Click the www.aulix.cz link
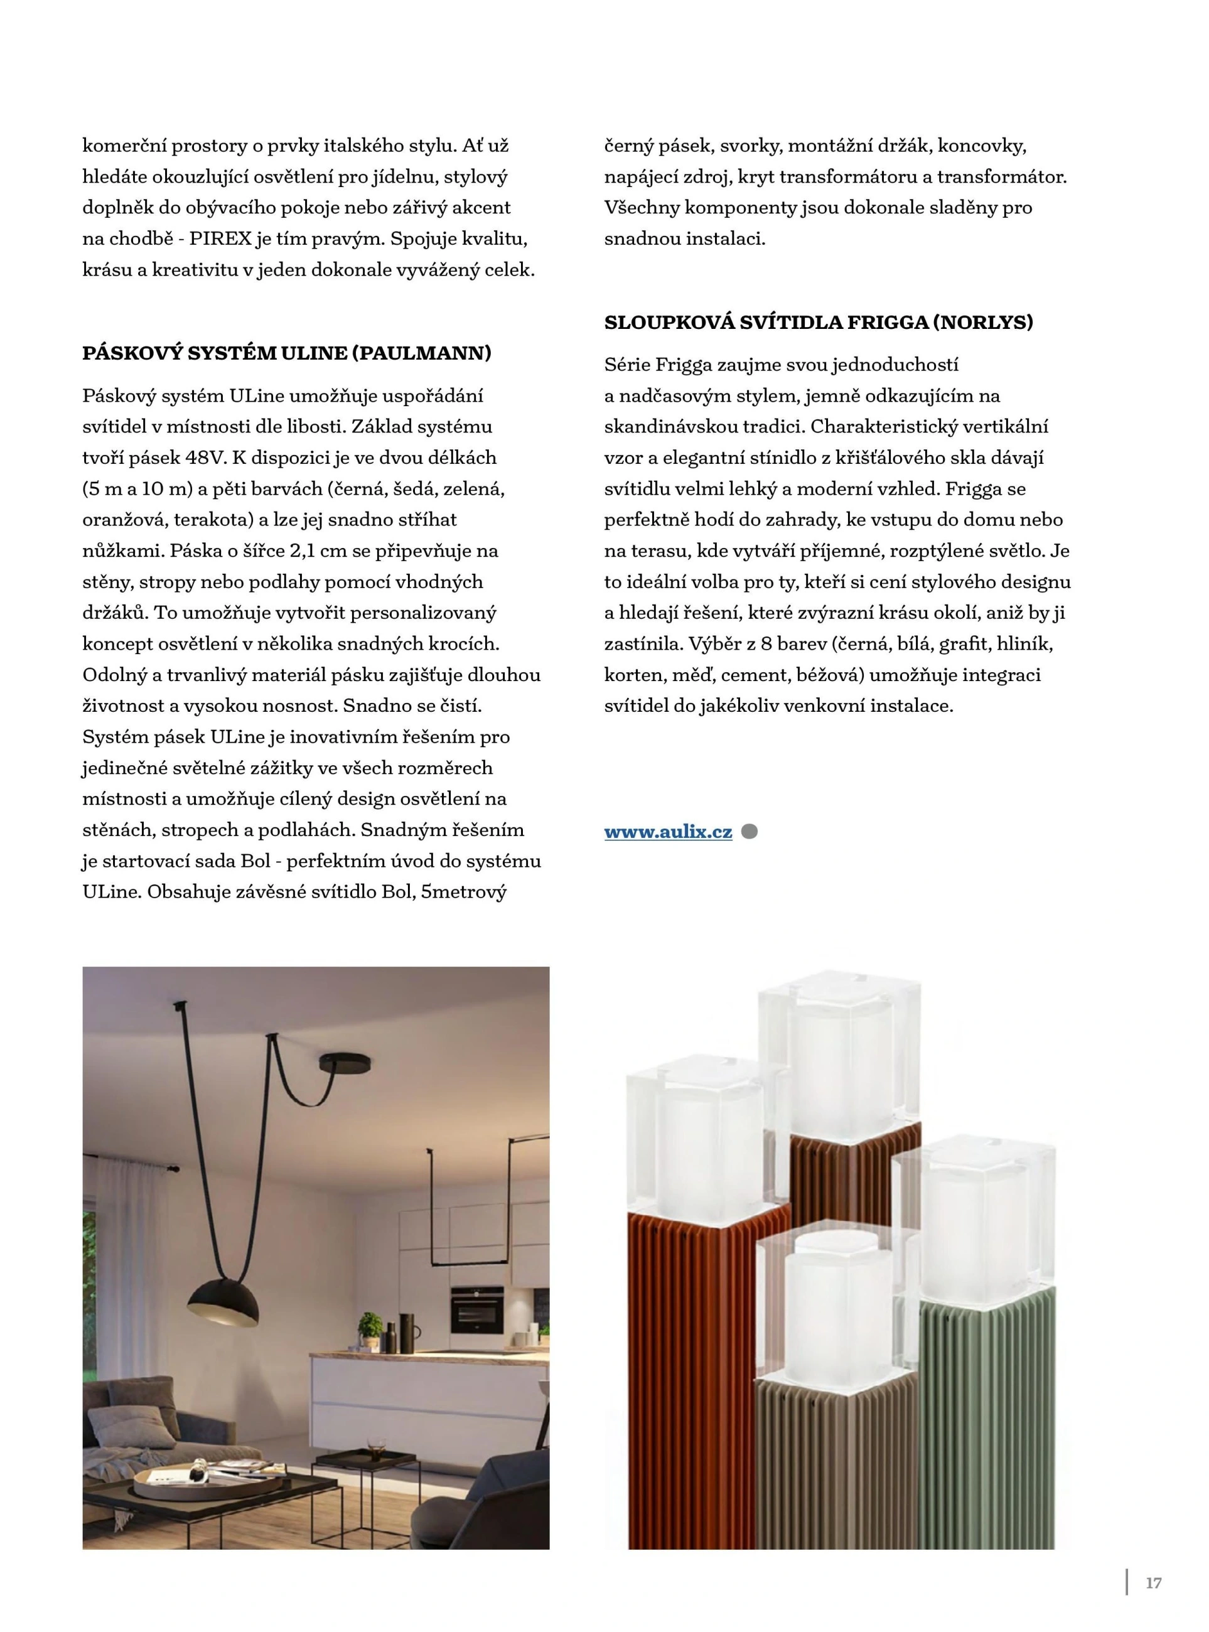pyautogui.click(x=668, y=832)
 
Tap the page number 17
pyautogui.click(x=1153, y=1584)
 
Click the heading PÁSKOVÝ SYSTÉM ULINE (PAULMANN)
pyautogui.click(x=286, y=353)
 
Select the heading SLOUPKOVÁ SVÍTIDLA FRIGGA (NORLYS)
pyautogui.click(x=818, y=323)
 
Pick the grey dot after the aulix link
pyautogui.click(x=749, y=832)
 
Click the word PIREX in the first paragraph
pyautogui.click(x=223, y=239)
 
